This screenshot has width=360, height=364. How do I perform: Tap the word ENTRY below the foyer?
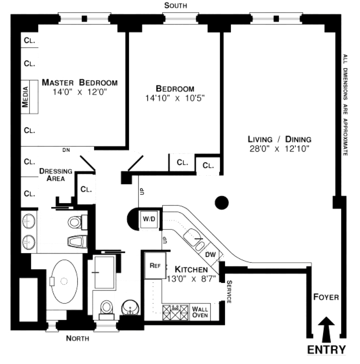point(326,350)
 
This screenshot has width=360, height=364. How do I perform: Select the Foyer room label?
point(326,297)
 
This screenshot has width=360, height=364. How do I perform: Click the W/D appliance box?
point(147,219)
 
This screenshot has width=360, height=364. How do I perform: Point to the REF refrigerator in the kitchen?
point(155,265)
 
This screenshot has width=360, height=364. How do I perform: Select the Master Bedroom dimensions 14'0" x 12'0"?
point(79,91)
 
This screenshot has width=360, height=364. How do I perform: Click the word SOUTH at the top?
point(175,5)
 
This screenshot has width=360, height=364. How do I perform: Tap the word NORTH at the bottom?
point(78,338)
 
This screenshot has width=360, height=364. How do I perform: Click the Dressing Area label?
point(56,174)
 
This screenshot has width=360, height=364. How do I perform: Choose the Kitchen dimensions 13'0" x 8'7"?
point(192,278)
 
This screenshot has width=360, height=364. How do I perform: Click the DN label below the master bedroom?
point(66,150)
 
